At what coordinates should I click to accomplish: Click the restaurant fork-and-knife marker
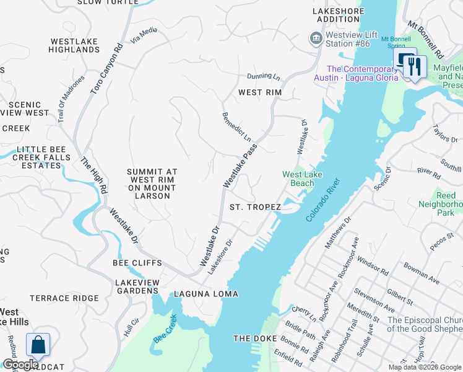coord(414,66)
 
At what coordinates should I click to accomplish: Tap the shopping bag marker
coord(38,345)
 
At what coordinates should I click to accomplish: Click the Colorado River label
coord(324,200)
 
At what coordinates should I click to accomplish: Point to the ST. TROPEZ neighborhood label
coord(255,207)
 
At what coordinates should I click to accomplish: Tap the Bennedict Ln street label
coord(237,127)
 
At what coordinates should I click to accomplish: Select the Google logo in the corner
coord(20,365)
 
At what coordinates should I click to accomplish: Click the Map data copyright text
coord(424,367)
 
